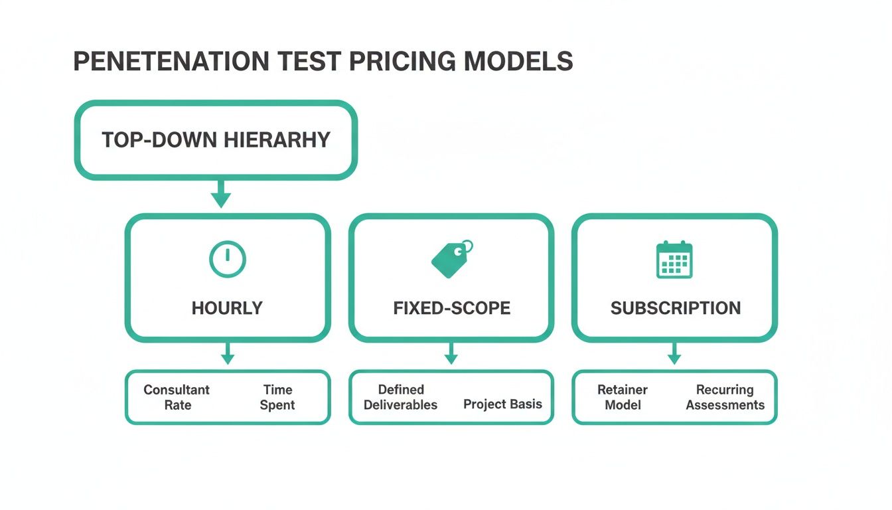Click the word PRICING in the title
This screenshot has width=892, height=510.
[x=402, y=61]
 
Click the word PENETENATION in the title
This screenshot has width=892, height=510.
[x=171, y=61]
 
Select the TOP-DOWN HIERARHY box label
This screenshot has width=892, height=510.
[x=216, y=140]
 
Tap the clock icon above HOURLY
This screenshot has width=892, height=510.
[x=228, y=259]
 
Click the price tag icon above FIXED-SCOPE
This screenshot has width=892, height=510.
[x=451, y=259]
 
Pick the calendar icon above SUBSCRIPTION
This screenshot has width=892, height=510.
[x=674, y=260]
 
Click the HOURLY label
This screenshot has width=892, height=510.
[x=227, y=308]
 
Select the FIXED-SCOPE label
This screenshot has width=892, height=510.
[x=451, y=308]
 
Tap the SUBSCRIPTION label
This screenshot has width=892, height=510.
[x=675, y=308]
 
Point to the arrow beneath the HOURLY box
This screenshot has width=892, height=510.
[x=228, y=355]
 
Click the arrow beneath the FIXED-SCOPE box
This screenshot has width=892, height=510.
[x=451, y=355]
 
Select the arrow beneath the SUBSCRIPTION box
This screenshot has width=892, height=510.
[x=674, y=355]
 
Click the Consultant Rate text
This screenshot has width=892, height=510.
[x=177, y=397]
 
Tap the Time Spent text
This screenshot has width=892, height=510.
[x=277, y=397]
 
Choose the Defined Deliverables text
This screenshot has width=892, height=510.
[x=401, y=397]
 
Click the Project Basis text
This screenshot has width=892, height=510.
[x=502, y=404]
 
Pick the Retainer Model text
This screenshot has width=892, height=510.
[x=623, y=397]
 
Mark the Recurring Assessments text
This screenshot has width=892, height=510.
[x=725, y=397]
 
